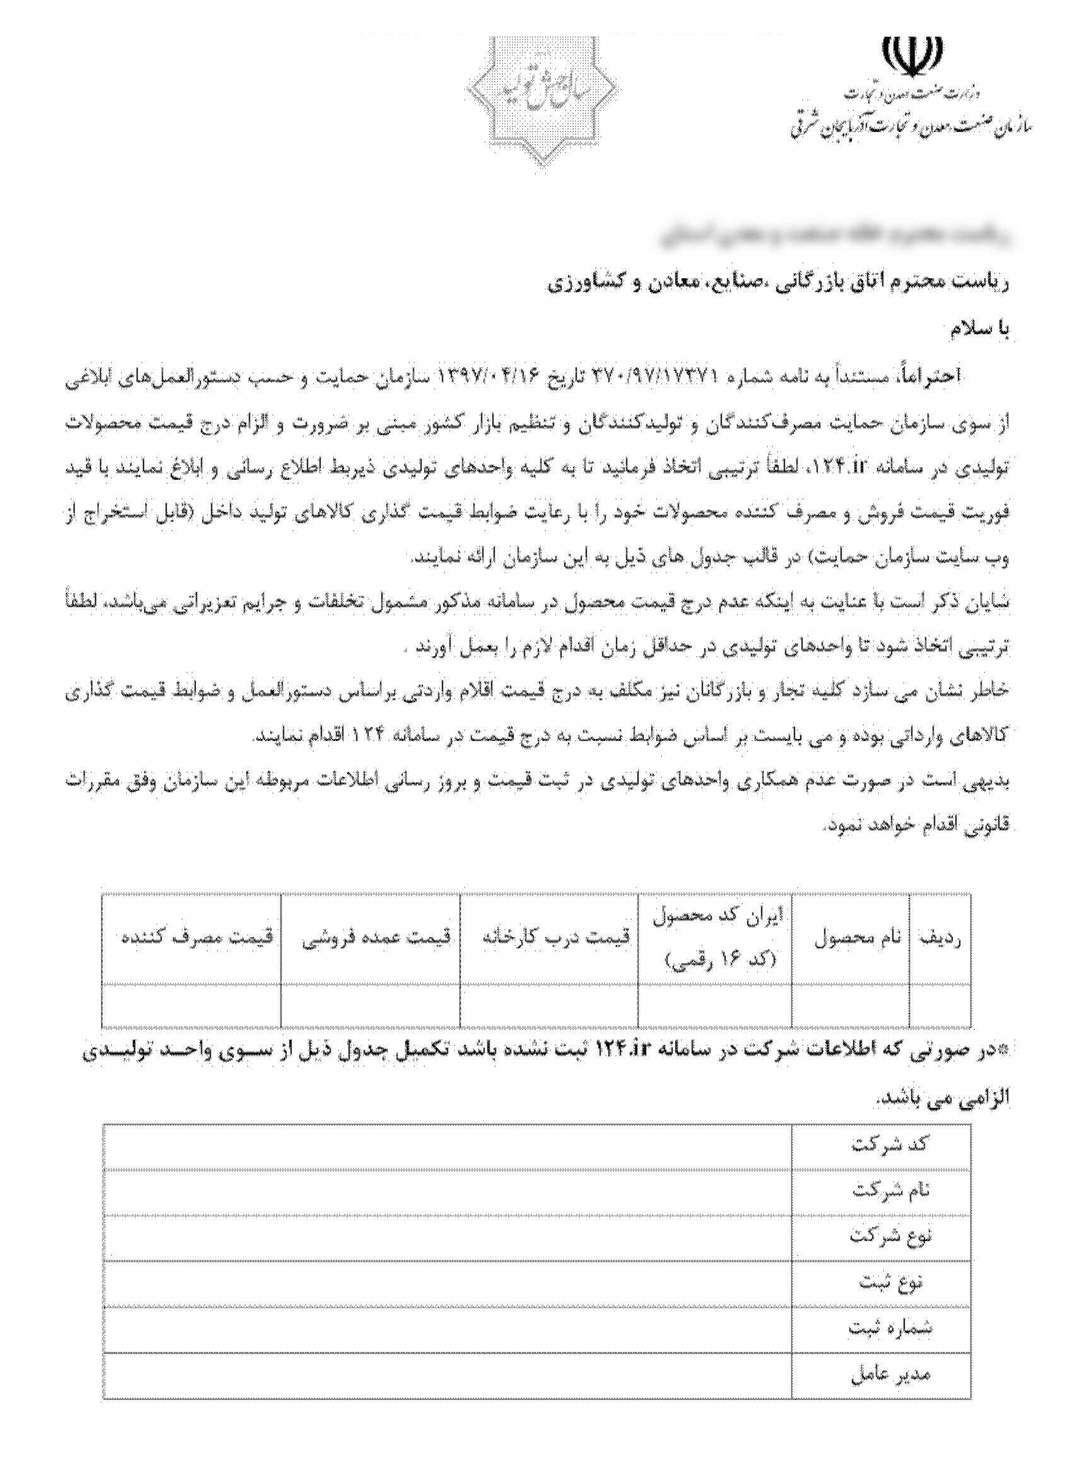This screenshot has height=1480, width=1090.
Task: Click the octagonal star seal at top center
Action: tap(541, 99)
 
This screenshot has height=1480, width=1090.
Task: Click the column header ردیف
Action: tap(940, 938)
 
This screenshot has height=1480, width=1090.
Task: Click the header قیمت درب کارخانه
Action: tap(556, 937)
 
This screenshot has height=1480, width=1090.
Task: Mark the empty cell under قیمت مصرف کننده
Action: tap(191, 1005)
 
